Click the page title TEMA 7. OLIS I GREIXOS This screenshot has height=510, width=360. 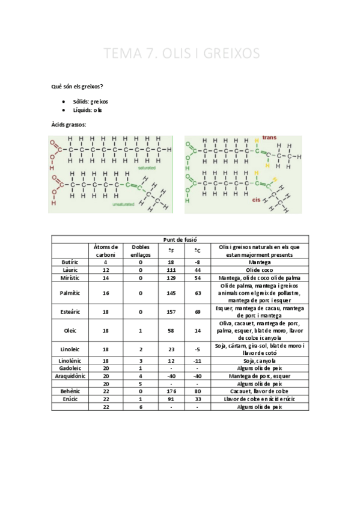(x=182, y=54)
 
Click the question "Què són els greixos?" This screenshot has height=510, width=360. (x=77, y=87)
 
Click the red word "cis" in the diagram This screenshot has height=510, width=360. (x=255, y=200)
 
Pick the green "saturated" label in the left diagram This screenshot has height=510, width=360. (x=147, y=168)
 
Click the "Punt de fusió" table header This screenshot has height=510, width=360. (x=180, y=239)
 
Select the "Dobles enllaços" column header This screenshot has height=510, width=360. (x=141, y=251)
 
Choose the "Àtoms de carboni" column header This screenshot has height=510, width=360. (x=106, y=251)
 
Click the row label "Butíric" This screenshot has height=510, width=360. (x=70, y=262)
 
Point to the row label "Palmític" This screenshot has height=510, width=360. (x=70, y=293)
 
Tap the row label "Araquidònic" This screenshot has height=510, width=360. (x=70, y=376)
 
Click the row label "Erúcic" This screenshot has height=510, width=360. (x=70, y=399)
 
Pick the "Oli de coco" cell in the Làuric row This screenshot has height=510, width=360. (x=260, y=270)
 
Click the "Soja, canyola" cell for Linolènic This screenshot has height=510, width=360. (x=260, y=360)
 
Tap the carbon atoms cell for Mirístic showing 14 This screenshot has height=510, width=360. (x=106, y=278)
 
